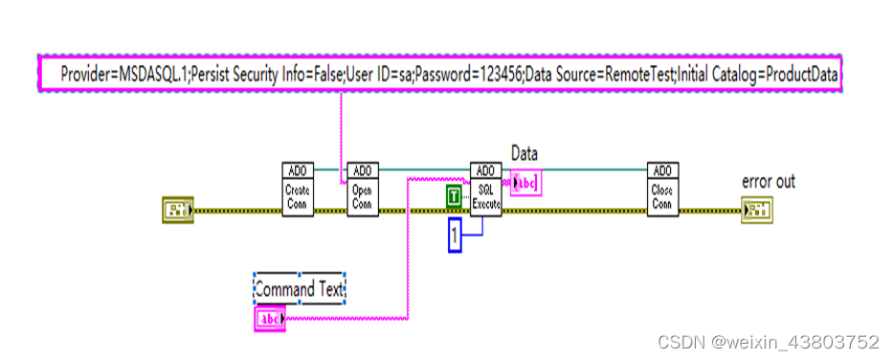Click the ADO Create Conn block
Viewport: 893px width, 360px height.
298,189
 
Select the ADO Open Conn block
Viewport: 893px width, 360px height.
361,189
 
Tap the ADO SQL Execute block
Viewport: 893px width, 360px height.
485,189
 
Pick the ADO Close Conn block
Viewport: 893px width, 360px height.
662,189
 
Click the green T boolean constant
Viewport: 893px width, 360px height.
454,197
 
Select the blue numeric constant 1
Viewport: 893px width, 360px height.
456,235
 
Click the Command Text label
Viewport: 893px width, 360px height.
299,287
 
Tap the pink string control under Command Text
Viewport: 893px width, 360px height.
270,319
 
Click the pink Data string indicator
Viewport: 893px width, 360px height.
526,182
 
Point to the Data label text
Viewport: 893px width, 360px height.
525,153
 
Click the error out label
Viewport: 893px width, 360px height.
768,181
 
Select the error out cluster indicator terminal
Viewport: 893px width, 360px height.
756,209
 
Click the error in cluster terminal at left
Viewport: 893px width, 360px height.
177,209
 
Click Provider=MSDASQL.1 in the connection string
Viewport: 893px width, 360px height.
122,74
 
